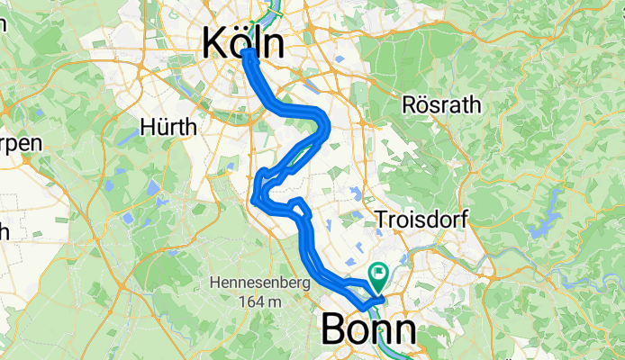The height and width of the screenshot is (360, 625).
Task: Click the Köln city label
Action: point(244,42)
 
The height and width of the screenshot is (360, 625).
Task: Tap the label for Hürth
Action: point(168,128)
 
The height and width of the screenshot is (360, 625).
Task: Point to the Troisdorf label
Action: point(421,219)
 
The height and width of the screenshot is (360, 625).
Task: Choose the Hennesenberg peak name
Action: point(261,283)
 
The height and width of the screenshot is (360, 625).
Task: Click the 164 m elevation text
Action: point(261,301)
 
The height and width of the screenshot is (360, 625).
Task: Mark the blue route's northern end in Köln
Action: point(247,55)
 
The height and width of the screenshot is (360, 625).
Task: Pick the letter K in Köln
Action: point(215,43)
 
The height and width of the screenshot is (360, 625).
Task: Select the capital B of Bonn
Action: point(334,330)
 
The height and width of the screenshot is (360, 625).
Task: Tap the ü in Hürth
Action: point(163,128)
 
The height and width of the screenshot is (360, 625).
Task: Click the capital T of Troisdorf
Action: point(380,219)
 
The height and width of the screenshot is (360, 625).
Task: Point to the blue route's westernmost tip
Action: point(254,200)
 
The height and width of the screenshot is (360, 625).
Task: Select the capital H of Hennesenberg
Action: point(214,283)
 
